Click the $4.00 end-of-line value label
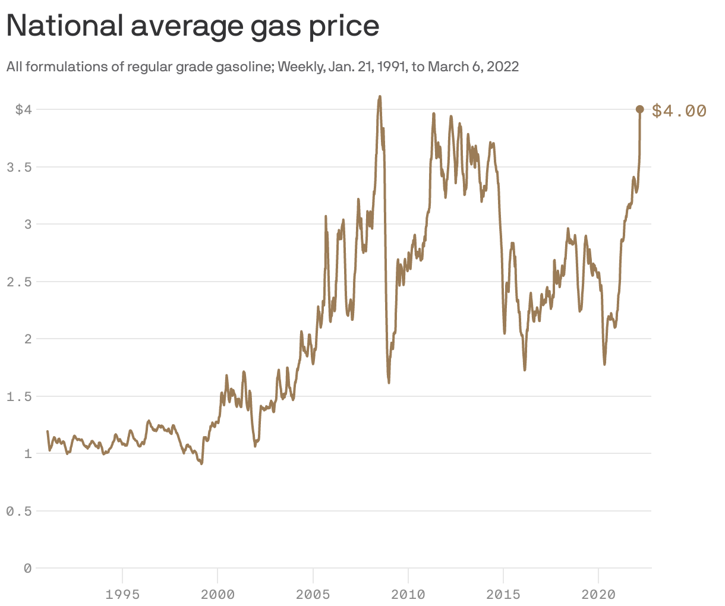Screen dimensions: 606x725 click(x=679, y=111)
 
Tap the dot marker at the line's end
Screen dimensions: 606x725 click(x=640, y=109)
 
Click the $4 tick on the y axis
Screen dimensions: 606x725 click(x=23, y=109)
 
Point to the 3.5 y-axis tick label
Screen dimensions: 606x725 click(x=18, y=167)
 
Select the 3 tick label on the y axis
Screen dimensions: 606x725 click(x=27, y=224)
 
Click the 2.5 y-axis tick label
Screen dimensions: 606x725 click(x=18, y=282)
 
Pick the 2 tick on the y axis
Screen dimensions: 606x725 click(x=27, y=339)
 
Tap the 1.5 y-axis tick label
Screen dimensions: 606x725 click(x=18, y=396)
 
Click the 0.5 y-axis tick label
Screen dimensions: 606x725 click(x=18, y=511)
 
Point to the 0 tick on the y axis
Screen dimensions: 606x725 click(x=27, y=569)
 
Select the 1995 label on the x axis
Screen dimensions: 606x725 click(x=122, y=594)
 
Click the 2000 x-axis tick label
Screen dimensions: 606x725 click(x=218, y=594)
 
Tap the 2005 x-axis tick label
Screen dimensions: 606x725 click(x=313, y=594)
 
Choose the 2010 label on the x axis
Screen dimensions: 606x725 click(x=408, y=594)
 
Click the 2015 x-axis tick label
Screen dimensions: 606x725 click(x=503, y=594)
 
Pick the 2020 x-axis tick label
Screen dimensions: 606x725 click(x=598, y=594)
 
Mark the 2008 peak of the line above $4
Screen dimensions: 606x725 click(x=380, y=97)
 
